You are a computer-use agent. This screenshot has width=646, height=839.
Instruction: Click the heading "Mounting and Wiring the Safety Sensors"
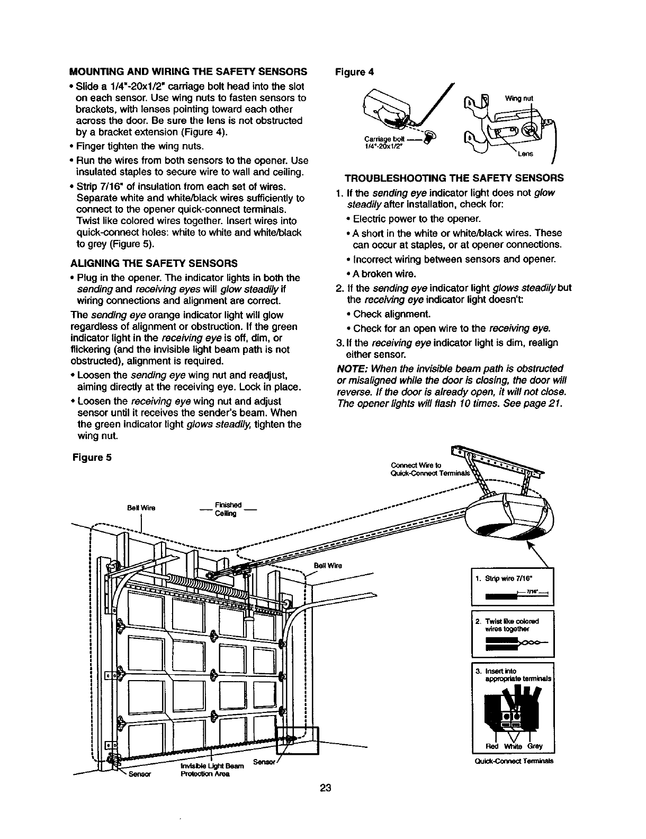189,72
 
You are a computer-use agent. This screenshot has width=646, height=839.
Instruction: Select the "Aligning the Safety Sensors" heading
154,263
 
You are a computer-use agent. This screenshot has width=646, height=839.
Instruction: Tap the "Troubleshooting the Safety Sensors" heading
454,177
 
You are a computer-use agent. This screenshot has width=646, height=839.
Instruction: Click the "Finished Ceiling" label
228,509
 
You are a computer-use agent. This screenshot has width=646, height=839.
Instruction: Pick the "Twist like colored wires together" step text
511,624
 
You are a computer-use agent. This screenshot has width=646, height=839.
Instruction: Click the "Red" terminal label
491,747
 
